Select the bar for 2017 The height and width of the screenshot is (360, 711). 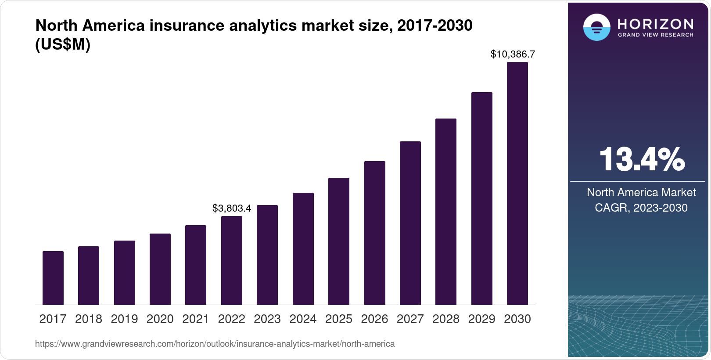click(x=53, y=278)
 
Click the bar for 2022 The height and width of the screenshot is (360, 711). click(x=232, y=260)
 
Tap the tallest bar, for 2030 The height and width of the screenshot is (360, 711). click(x=517, y=184)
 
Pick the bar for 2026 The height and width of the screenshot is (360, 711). click(x=375, y=233)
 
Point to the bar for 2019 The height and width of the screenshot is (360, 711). click(x=125, y=273)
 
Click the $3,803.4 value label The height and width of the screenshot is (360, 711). click(x=232, y=208)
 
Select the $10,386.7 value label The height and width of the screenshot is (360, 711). click(x=513, y=54)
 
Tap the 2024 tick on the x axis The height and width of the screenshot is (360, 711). click(x=303, y=319)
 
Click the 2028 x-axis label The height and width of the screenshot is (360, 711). click(x=446, y=319)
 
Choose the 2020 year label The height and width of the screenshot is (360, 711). click(x=160, y=319)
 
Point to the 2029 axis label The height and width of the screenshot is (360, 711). click(x=481, y=319)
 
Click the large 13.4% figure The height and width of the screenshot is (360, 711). click(x=641, y=159)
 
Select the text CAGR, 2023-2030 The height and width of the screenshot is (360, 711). click(x=641, y=208)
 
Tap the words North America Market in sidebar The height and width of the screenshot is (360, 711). click(x=641, y=192)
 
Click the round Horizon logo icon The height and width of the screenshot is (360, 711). click(x=596, y=27)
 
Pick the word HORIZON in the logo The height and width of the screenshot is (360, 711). click(x=655, y=24)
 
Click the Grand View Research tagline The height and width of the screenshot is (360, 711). click(x=655, y=35)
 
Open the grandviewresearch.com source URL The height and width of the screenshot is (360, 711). click(x=215, y=344)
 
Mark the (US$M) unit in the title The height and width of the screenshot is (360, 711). click(x=63, y=44)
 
